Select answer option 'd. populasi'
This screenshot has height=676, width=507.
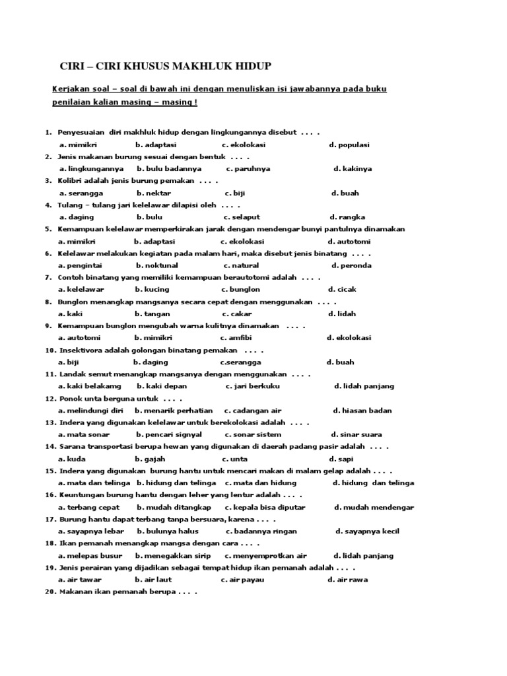[349, 145]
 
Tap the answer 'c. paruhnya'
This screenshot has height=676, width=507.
[248, 168]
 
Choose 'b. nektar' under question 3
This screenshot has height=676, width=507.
[154, 193]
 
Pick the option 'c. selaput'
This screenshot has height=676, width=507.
[242, 217]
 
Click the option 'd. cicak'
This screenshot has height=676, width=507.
[341, 289]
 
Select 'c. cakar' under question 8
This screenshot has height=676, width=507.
[237, 314]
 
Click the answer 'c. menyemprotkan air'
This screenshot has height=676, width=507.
[265, 555]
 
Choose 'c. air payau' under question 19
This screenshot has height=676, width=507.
[242, 580]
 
